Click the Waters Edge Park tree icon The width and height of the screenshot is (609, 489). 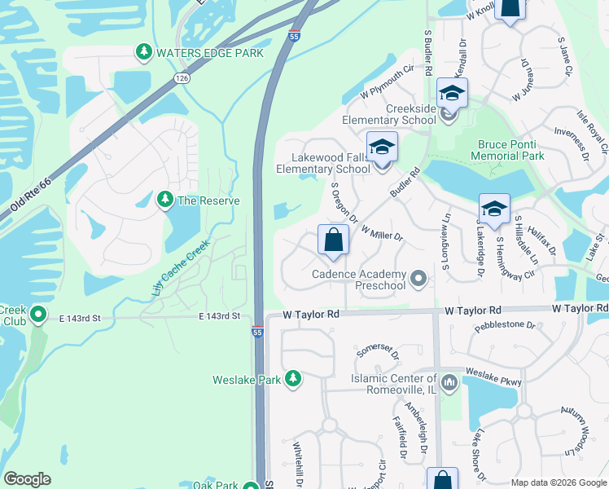(144, 52)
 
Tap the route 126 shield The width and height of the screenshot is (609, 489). (181, 77)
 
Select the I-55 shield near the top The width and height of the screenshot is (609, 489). (294, 36)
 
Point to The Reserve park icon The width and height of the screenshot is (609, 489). (165, 200)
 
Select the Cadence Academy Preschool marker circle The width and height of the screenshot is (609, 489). (419, 280)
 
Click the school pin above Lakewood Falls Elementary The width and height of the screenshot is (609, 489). (382, 148)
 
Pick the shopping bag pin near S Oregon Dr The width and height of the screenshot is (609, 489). (333, 240)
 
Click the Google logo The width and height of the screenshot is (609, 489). (28, 479)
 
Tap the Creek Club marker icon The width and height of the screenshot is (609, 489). (37, 314)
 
